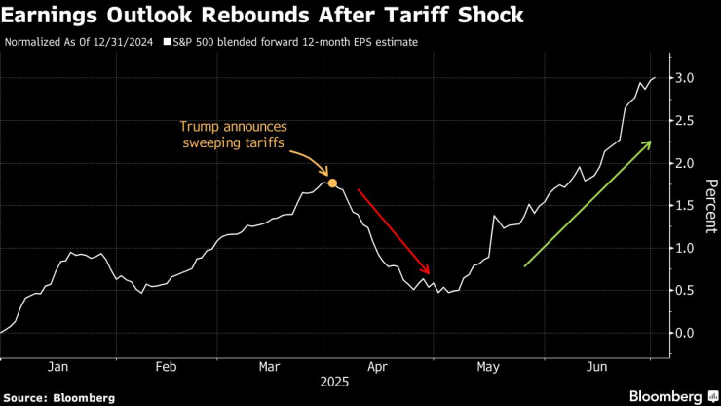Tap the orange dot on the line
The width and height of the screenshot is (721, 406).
pyautogui.click(x=332, y=183)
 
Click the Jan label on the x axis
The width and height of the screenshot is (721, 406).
pyautogui.click(x=57, y=366)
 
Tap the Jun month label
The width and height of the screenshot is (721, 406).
pyautogui.click(x=596, y=366)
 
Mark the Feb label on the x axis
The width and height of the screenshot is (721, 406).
pyautogui.click(x=166, y=366)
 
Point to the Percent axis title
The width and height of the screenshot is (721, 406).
pyautogui.click(x=711, y=206)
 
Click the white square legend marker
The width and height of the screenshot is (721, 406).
pyautogui.click(x=167, y=43)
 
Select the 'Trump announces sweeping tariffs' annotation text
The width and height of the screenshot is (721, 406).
pyautogui.click(x=233, y=135)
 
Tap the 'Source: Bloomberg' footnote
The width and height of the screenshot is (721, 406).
pyautogui.click(x=58, y=397)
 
